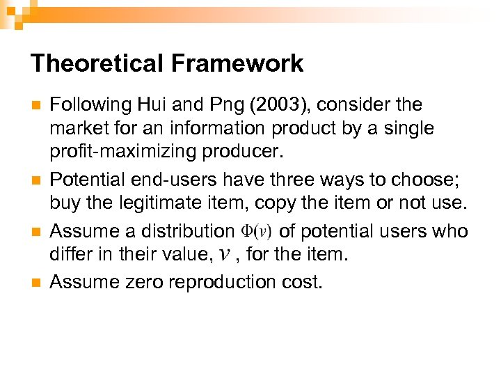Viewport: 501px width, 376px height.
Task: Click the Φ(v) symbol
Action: coord(256,230)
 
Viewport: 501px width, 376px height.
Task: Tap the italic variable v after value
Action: coord(223,256)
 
